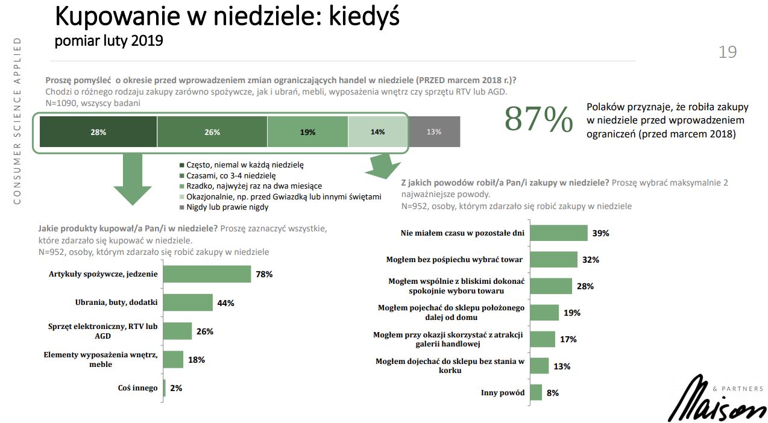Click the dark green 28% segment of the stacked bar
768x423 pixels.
(98, 132)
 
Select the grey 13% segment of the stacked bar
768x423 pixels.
(434, 132)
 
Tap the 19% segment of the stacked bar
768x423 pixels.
(307, 132)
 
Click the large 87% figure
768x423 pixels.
(538, 119)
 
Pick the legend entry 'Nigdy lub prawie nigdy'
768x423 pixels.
(224, 207)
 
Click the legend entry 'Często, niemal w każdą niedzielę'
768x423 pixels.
(241, 164)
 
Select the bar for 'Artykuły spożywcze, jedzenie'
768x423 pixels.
(207, 274)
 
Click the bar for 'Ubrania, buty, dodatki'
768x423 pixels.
(187, 302)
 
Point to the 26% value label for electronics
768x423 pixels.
(205, 331)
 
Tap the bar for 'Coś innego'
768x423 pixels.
(164, 388)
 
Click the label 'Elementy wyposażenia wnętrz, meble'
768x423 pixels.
(101, 360)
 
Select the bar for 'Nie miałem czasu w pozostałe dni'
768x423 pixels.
(558, 233)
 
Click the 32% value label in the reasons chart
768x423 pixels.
(591, 260)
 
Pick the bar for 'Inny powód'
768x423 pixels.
(536, 393)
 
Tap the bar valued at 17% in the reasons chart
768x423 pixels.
(543, 339)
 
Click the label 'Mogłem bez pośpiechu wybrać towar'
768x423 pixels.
(454, 260)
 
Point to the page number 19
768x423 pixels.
(728, 52)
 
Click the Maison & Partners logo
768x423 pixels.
(717, 398)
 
